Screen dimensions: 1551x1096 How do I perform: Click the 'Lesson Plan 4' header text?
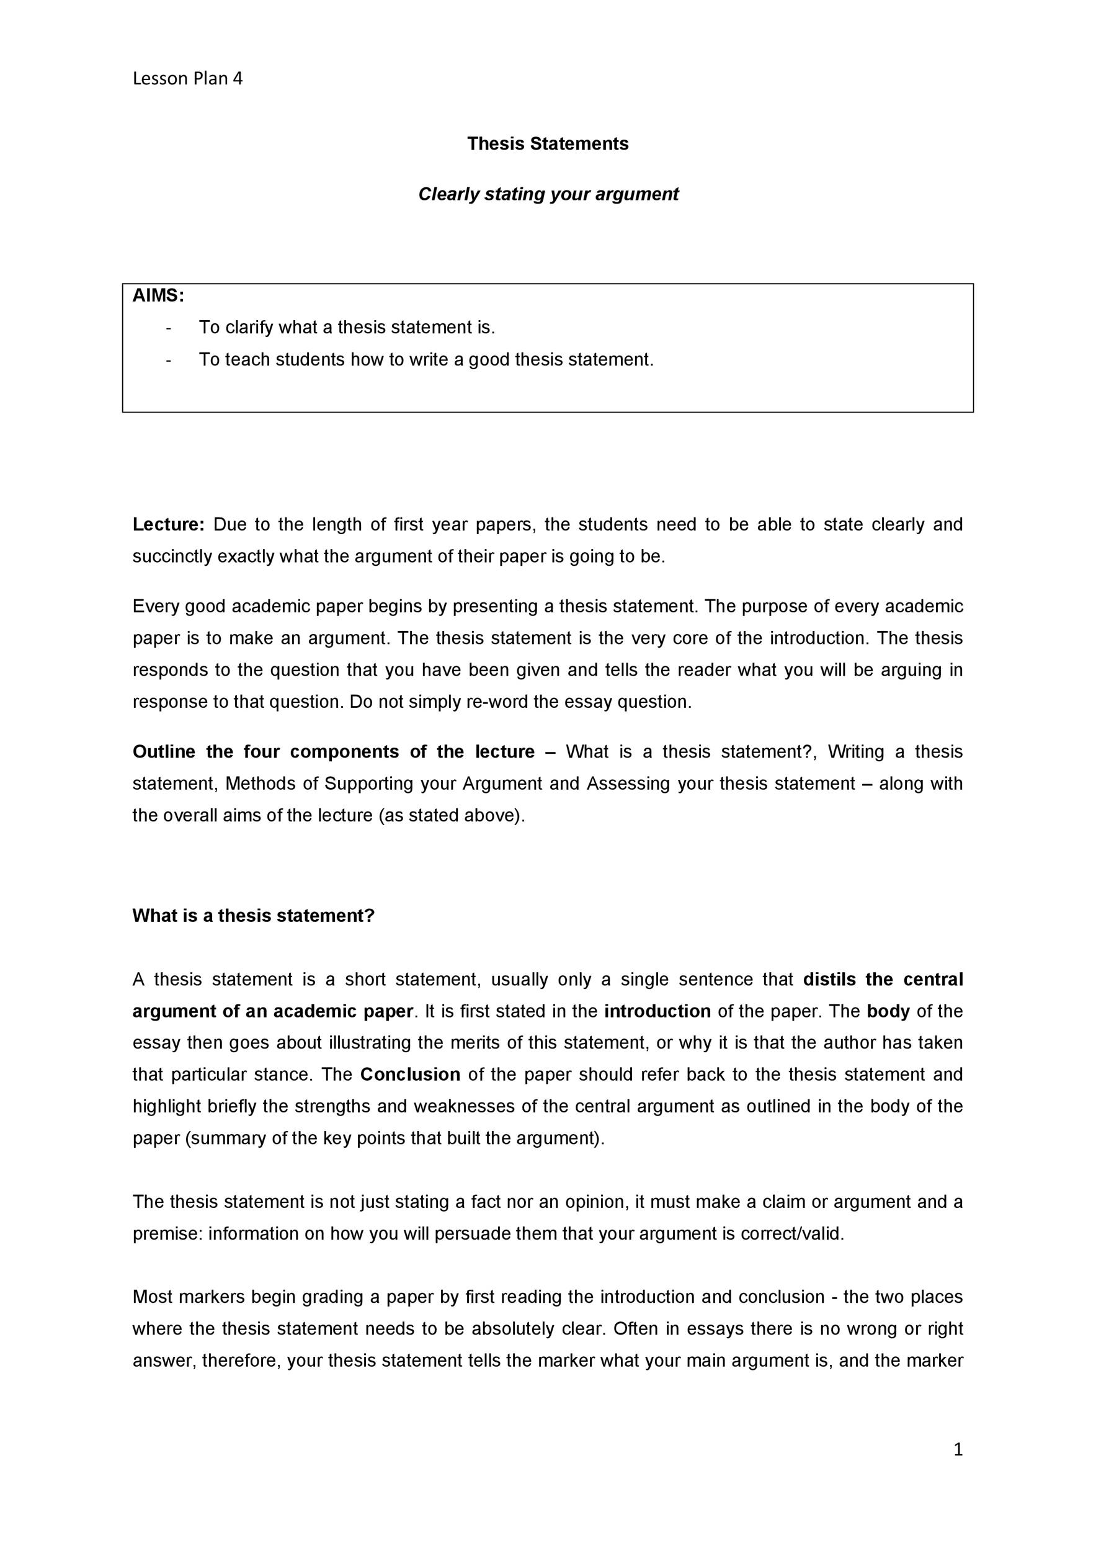[x=187, y=79]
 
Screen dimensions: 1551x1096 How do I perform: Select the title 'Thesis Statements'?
[x=548, y=144]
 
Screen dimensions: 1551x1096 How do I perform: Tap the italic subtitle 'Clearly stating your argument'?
[x=548, y=195]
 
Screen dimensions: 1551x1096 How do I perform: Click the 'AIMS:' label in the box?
[x=158, y=295]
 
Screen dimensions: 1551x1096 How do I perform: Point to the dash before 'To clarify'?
[x=168, y=328]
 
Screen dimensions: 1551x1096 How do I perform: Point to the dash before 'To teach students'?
[x=168, y=359]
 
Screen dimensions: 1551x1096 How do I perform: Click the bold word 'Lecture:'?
[x=168, y=524]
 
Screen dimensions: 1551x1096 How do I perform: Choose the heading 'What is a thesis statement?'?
[x=253, y=915]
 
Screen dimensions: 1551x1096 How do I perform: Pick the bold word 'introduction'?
[x=657, y=1011]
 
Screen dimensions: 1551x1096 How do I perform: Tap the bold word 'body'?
[x=889, y=1011]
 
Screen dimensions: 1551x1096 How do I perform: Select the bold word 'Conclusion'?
[x=410, y=1075]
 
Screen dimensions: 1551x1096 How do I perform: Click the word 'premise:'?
[x=167, y=1233]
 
